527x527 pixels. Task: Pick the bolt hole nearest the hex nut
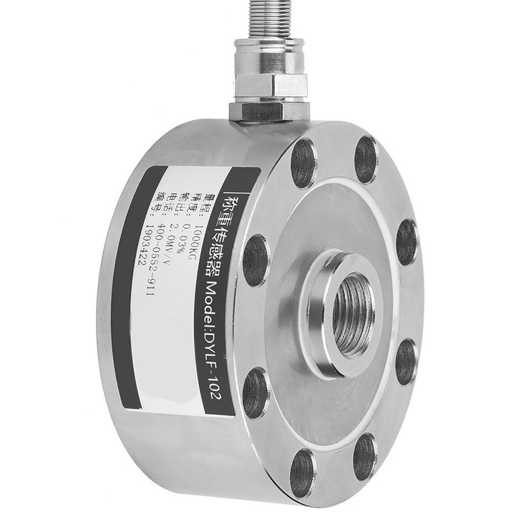point(302,163)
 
